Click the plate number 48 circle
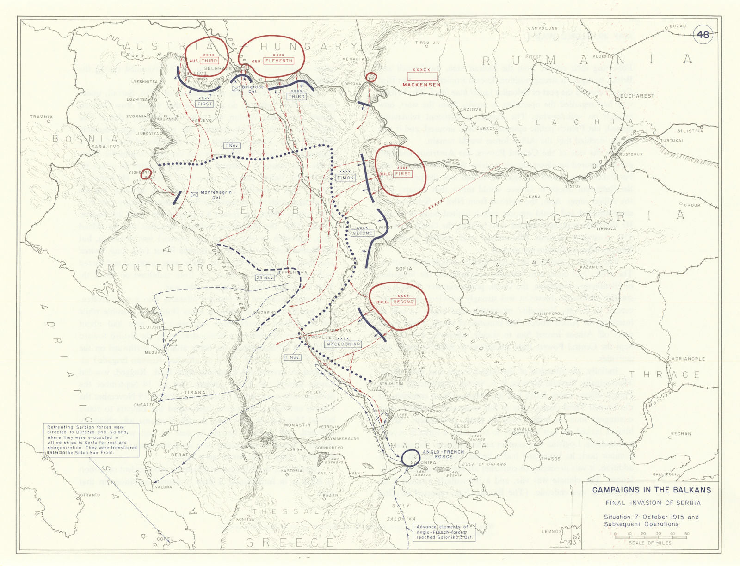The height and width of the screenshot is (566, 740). [703, 35]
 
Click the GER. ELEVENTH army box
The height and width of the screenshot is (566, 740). [278, 61]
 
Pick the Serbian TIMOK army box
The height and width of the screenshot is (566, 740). [345, 178]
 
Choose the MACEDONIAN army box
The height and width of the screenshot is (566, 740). [343, 344]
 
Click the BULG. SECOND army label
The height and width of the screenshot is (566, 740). [403, 301]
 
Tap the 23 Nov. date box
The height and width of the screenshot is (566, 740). [265, 278]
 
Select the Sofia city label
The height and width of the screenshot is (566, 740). [404, 269]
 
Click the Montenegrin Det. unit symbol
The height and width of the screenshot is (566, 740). [195, 195]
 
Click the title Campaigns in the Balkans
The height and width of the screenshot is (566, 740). [652, 490]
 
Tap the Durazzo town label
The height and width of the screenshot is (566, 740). [144, 405]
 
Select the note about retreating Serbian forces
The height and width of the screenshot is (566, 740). [92, 440]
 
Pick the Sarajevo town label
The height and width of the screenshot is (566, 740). [106, 147]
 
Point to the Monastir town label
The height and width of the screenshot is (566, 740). [297, 424]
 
